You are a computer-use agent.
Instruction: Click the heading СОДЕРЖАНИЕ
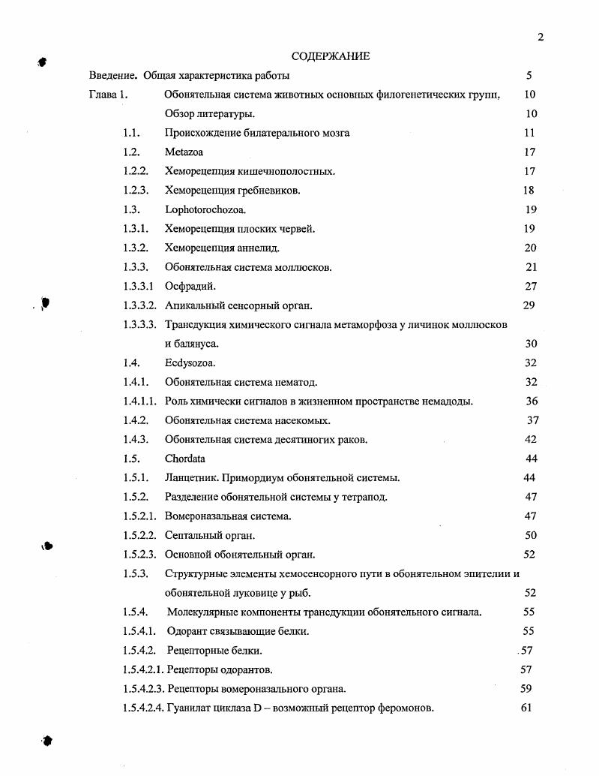click(x=331, y=56)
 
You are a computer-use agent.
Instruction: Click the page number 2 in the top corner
click(x=540, y=38)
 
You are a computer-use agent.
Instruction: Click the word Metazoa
click(x=184, y=152)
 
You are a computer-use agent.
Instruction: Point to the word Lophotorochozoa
click(x=205, y=210)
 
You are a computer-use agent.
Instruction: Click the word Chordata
click(x=185, y=459)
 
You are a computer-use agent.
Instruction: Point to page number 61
click(x=526, y=708)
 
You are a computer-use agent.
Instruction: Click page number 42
click(x=531, y=440)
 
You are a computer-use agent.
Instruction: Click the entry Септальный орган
click(x=210, y=535)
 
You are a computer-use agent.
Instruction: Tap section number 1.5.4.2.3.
click(x=144, y=688)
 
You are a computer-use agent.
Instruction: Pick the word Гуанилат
click(x=191, y=708)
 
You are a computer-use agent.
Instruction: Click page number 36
click(x=532, y=402)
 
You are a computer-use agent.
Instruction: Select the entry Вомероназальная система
click(x=228, y=516)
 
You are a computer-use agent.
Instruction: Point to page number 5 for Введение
click(x=529, y=76)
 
